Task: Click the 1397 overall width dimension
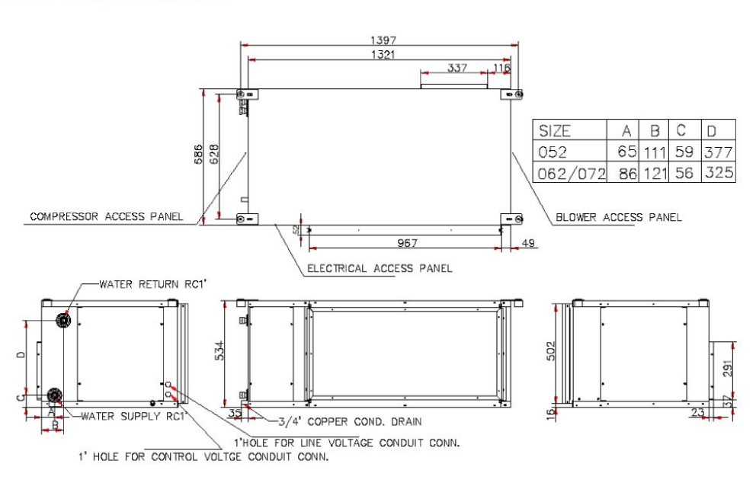[x=383, y=40]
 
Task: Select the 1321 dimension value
[x=383, y=55]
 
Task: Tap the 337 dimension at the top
[x=457, y=68]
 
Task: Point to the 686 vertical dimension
[x=198, y=155]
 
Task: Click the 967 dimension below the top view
[x=408, y=242]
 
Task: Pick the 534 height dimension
[x=219, y=350]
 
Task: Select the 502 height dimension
[x=551, y=351]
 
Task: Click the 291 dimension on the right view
[x=728, y=369]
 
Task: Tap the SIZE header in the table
[x=555, y=131]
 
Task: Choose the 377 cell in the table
[x=719, y=152]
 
